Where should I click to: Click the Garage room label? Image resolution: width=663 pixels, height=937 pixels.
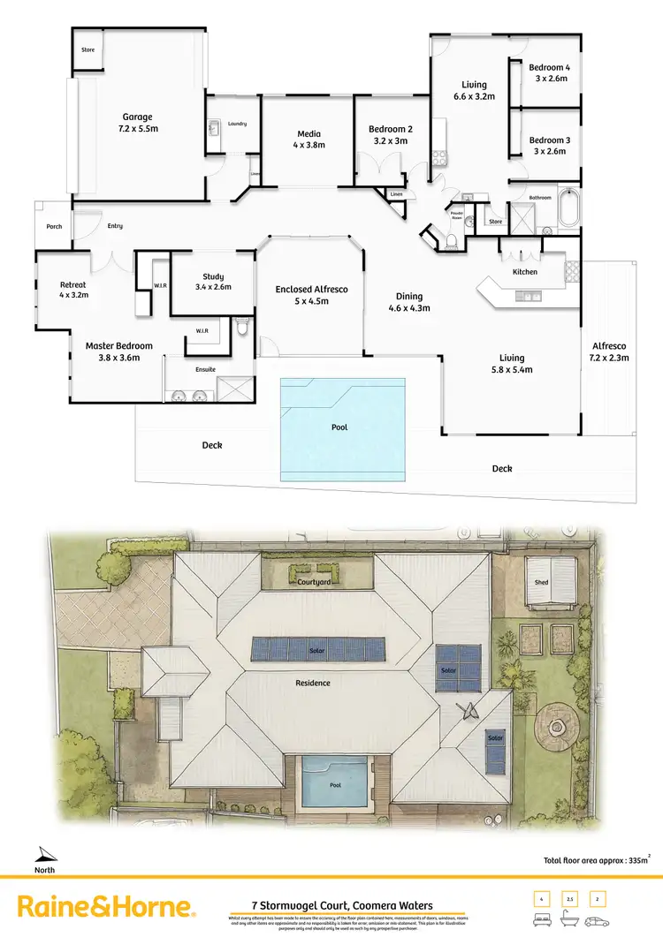tap(137, 122)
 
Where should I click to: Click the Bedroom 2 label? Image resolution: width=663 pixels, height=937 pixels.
tap(391, 135)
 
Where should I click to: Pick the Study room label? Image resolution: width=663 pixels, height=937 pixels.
tap(212, 281)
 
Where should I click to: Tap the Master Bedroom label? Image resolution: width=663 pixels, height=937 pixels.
tap(118, 351)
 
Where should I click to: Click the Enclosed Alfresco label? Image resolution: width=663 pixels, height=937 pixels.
tap(311, 295)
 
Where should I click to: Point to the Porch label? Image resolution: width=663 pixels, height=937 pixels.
tap(54, 226)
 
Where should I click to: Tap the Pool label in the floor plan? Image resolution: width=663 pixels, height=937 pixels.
tap(341, 427)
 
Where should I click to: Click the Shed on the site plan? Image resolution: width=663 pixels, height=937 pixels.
tap(541, 583)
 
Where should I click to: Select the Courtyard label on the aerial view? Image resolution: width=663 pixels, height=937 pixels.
tap(314, 583)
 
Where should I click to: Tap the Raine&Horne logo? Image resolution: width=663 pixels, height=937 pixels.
tap(105, 907)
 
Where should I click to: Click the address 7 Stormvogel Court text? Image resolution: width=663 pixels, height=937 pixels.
tap(331, 905)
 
